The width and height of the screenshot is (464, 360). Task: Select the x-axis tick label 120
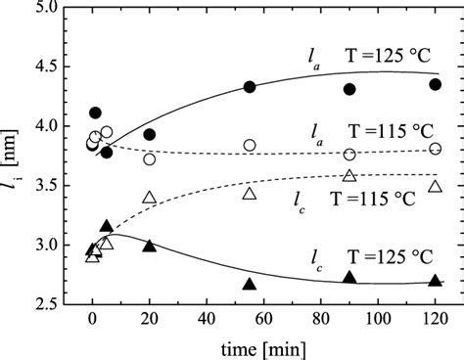(435, 321)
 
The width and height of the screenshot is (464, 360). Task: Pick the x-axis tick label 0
(91, 321)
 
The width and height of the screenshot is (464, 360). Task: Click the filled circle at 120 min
(435, 84)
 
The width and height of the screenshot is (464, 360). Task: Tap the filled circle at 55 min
(250, 87)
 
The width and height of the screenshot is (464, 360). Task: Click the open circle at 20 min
(149, 159)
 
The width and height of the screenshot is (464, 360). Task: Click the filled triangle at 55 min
(250, 284)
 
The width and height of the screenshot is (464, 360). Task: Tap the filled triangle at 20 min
(149, 246)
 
